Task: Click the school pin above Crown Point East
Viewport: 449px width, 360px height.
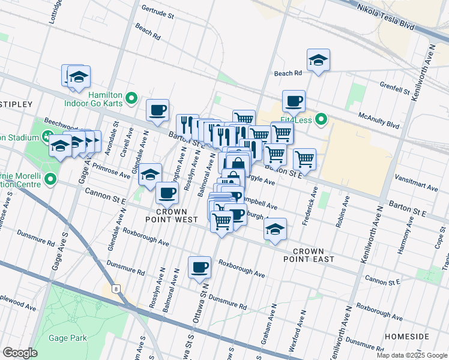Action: coord(275,229)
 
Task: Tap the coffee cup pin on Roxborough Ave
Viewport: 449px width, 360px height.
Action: coord(199,268)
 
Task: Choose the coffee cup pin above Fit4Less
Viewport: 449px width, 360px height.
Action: coord(294,101)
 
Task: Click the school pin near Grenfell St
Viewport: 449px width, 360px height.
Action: coord(318,60)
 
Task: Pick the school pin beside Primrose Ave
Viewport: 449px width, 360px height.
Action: coord(151,175)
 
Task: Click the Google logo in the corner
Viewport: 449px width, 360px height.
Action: coord(20,353)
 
